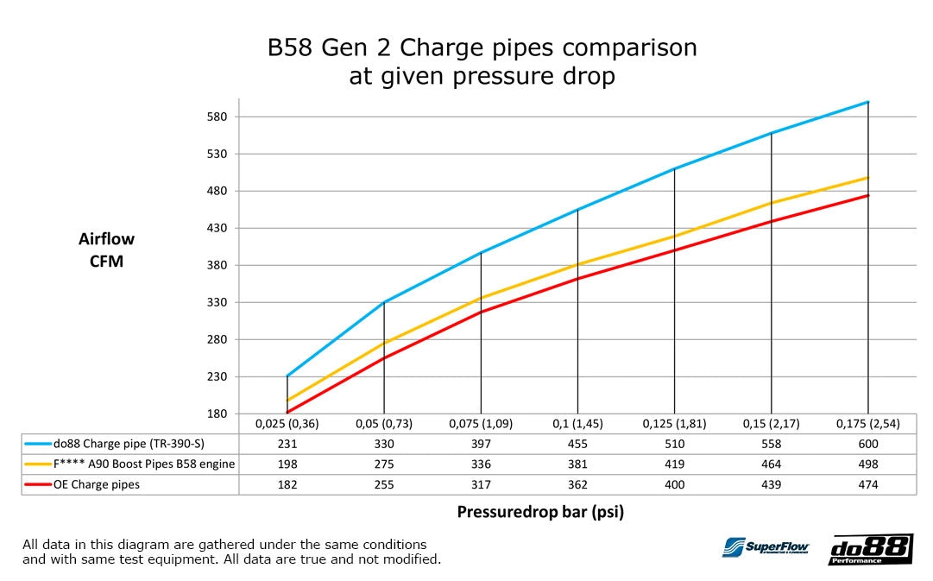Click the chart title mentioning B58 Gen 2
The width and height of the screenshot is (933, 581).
(482, 60)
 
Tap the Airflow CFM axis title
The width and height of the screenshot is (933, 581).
(106, 250)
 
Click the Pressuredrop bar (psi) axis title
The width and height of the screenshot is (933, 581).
(539, 512)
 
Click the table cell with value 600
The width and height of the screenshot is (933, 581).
(867, 444)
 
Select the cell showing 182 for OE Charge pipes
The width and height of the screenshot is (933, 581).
(287, 485)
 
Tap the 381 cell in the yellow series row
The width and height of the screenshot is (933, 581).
(577, 464)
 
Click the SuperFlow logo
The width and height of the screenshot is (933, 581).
(765, 548)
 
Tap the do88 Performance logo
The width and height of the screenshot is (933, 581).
(870, 550)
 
